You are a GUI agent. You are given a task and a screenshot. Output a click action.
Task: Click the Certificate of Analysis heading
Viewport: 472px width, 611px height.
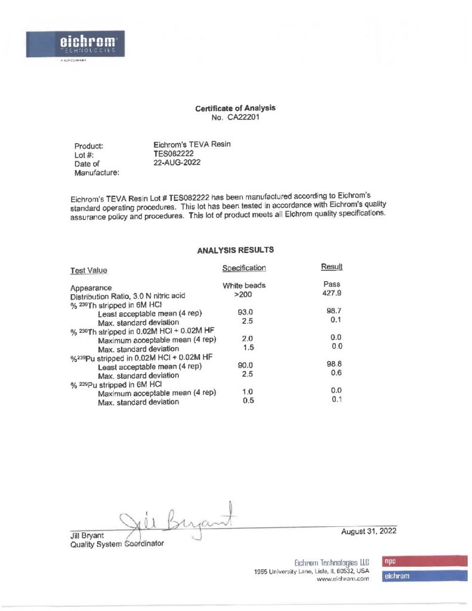[x=235, y=108]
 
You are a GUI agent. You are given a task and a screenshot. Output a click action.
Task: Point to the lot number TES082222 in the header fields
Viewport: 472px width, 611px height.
[x=174, y=153]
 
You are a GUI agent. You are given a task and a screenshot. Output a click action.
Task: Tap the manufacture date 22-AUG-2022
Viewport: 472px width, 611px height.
[x=177, y=162]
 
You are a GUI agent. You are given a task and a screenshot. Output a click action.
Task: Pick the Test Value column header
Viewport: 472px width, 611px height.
[x=89, y=271]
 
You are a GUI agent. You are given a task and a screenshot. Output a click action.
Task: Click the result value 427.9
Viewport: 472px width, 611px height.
[x=331, y=294]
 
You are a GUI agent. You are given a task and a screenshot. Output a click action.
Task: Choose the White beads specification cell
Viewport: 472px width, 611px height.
[x=244, y=286]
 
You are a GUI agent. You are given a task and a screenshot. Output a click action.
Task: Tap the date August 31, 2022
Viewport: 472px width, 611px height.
[x=369, y=531]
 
